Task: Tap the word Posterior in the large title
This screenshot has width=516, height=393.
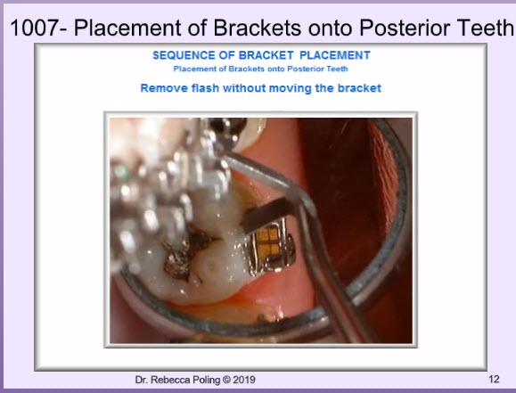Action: [405, 28]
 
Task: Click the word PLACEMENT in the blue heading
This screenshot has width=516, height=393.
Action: [335, 55]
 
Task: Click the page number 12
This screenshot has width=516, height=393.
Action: [494, 379]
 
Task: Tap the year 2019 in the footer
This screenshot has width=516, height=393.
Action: [244, 380]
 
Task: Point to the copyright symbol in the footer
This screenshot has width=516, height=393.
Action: [226, 380]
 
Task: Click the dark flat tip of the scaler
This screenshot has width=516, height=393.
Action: [268, 214]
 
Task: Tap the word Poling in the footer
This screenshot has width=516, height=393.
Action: [207, 381]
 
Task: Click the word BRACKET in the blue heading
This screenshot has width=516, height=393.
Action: [266, 55]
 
